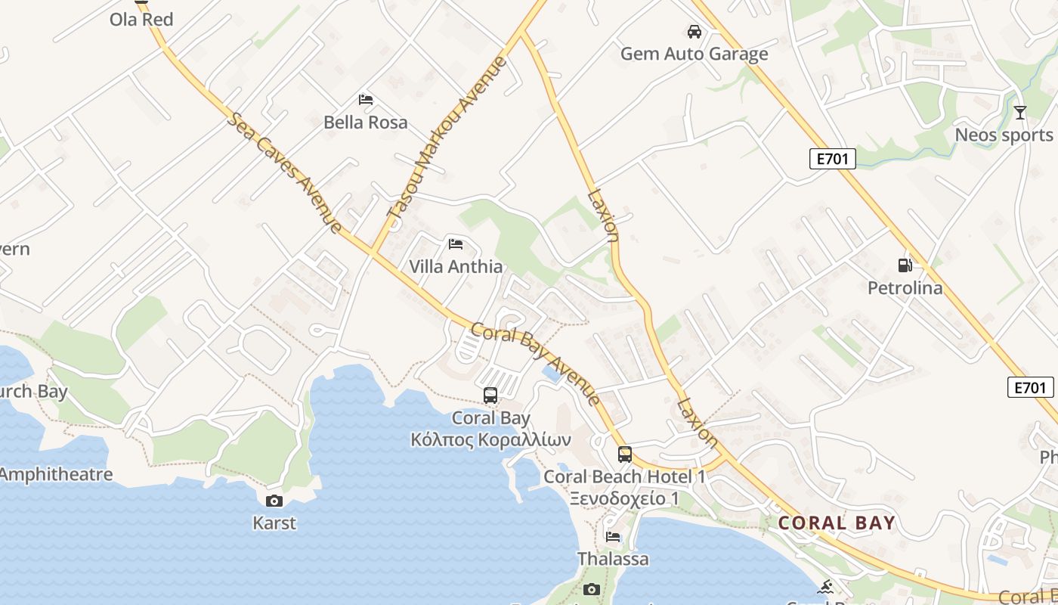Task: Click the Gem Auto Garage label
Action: click(694, 54)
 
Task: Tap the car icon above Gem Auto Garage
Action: click(694, 32)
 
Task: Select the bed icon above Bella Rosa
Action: click(366, 100)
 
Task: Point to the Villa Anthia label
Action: click(456, 266)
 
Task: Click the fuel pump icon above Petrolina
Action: click(905, 265)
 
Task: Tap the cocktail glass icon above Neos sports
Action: click(1020, 113)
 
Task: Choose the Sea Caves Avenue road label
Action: click(283, 172)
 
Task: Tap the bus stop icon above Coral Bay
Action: click(490, 395)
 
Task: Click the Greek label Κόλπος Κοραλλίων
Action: click(490, 440)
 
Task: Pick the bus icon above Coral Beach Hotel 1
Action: click(625, 454)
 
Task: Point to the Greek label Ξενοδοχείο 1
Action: click(624, 499)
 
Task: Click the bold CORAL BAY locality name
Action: click(837, 523)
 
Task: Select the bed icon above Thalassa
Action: click(613, 537)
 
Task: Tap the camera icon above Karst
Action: click(274, 501)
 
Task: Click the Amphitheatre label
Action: click(56, 475)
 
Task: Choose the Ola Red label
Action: click(141, 20)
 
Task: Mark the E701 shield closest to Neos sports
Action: click(832, 158)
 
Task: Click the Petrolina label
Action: click(905, 288)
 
